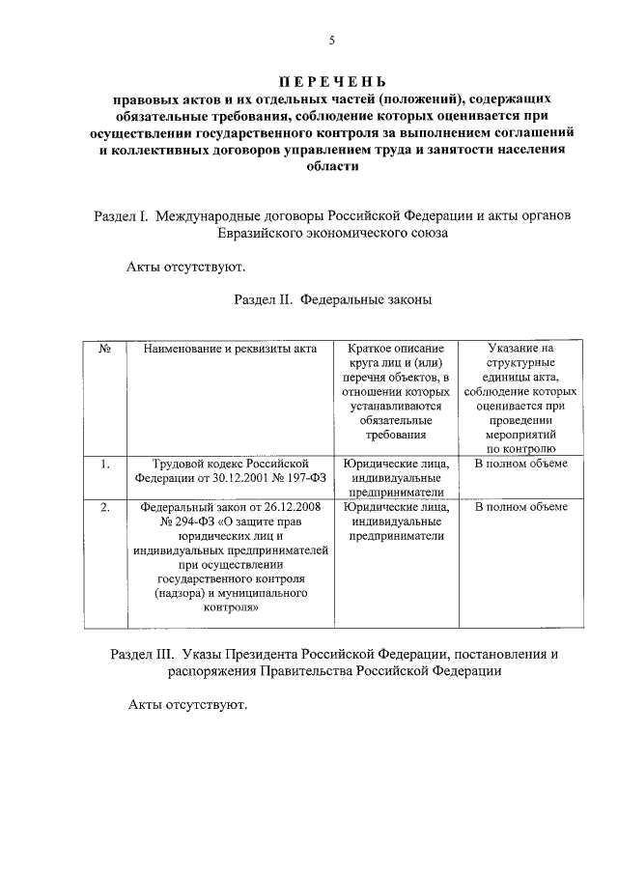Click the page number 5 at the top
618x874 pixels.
click(331, 40)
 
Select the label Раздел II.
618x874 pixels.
click(263, 300)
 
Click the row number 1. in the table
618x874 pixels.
click(104, 464)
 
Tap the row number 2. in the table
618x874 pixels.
click(104, 506)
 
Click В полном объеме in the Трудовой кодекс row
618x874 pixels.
click(520, 464)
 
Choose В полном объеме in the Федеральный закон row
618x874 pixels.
click(520, 506)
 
